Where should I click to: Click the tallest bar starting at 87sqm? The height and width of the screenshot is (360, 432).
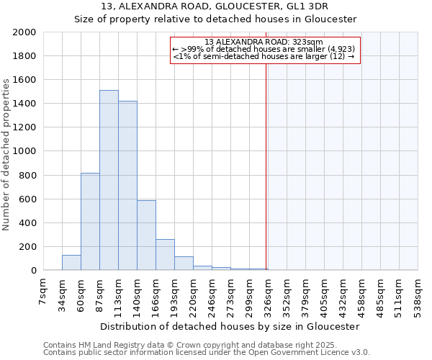pos(109,180)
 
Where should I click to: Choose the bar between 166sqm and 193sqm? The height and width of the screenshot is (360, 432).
pos(165,255)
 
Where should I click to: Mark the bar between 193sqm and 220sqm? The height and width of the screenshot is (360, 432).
pos(184,264)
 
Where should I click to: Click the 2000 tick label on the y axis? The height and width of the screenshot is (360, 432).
pos(24,32)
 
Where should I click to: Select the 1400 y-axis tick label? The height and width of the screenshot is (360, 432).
pos(24,104)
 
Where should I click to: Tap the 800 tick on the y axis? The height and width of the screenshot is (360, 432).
pos(27,175)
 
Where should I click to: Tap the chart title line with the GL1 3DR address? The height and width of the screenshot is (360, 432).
pos(216,6)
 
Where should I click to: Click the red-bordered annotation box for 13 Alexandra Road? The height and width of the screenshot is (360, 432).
pos(264,50)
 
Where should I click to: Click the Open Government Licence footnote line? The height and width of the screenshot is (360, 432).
pos(207,353)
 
